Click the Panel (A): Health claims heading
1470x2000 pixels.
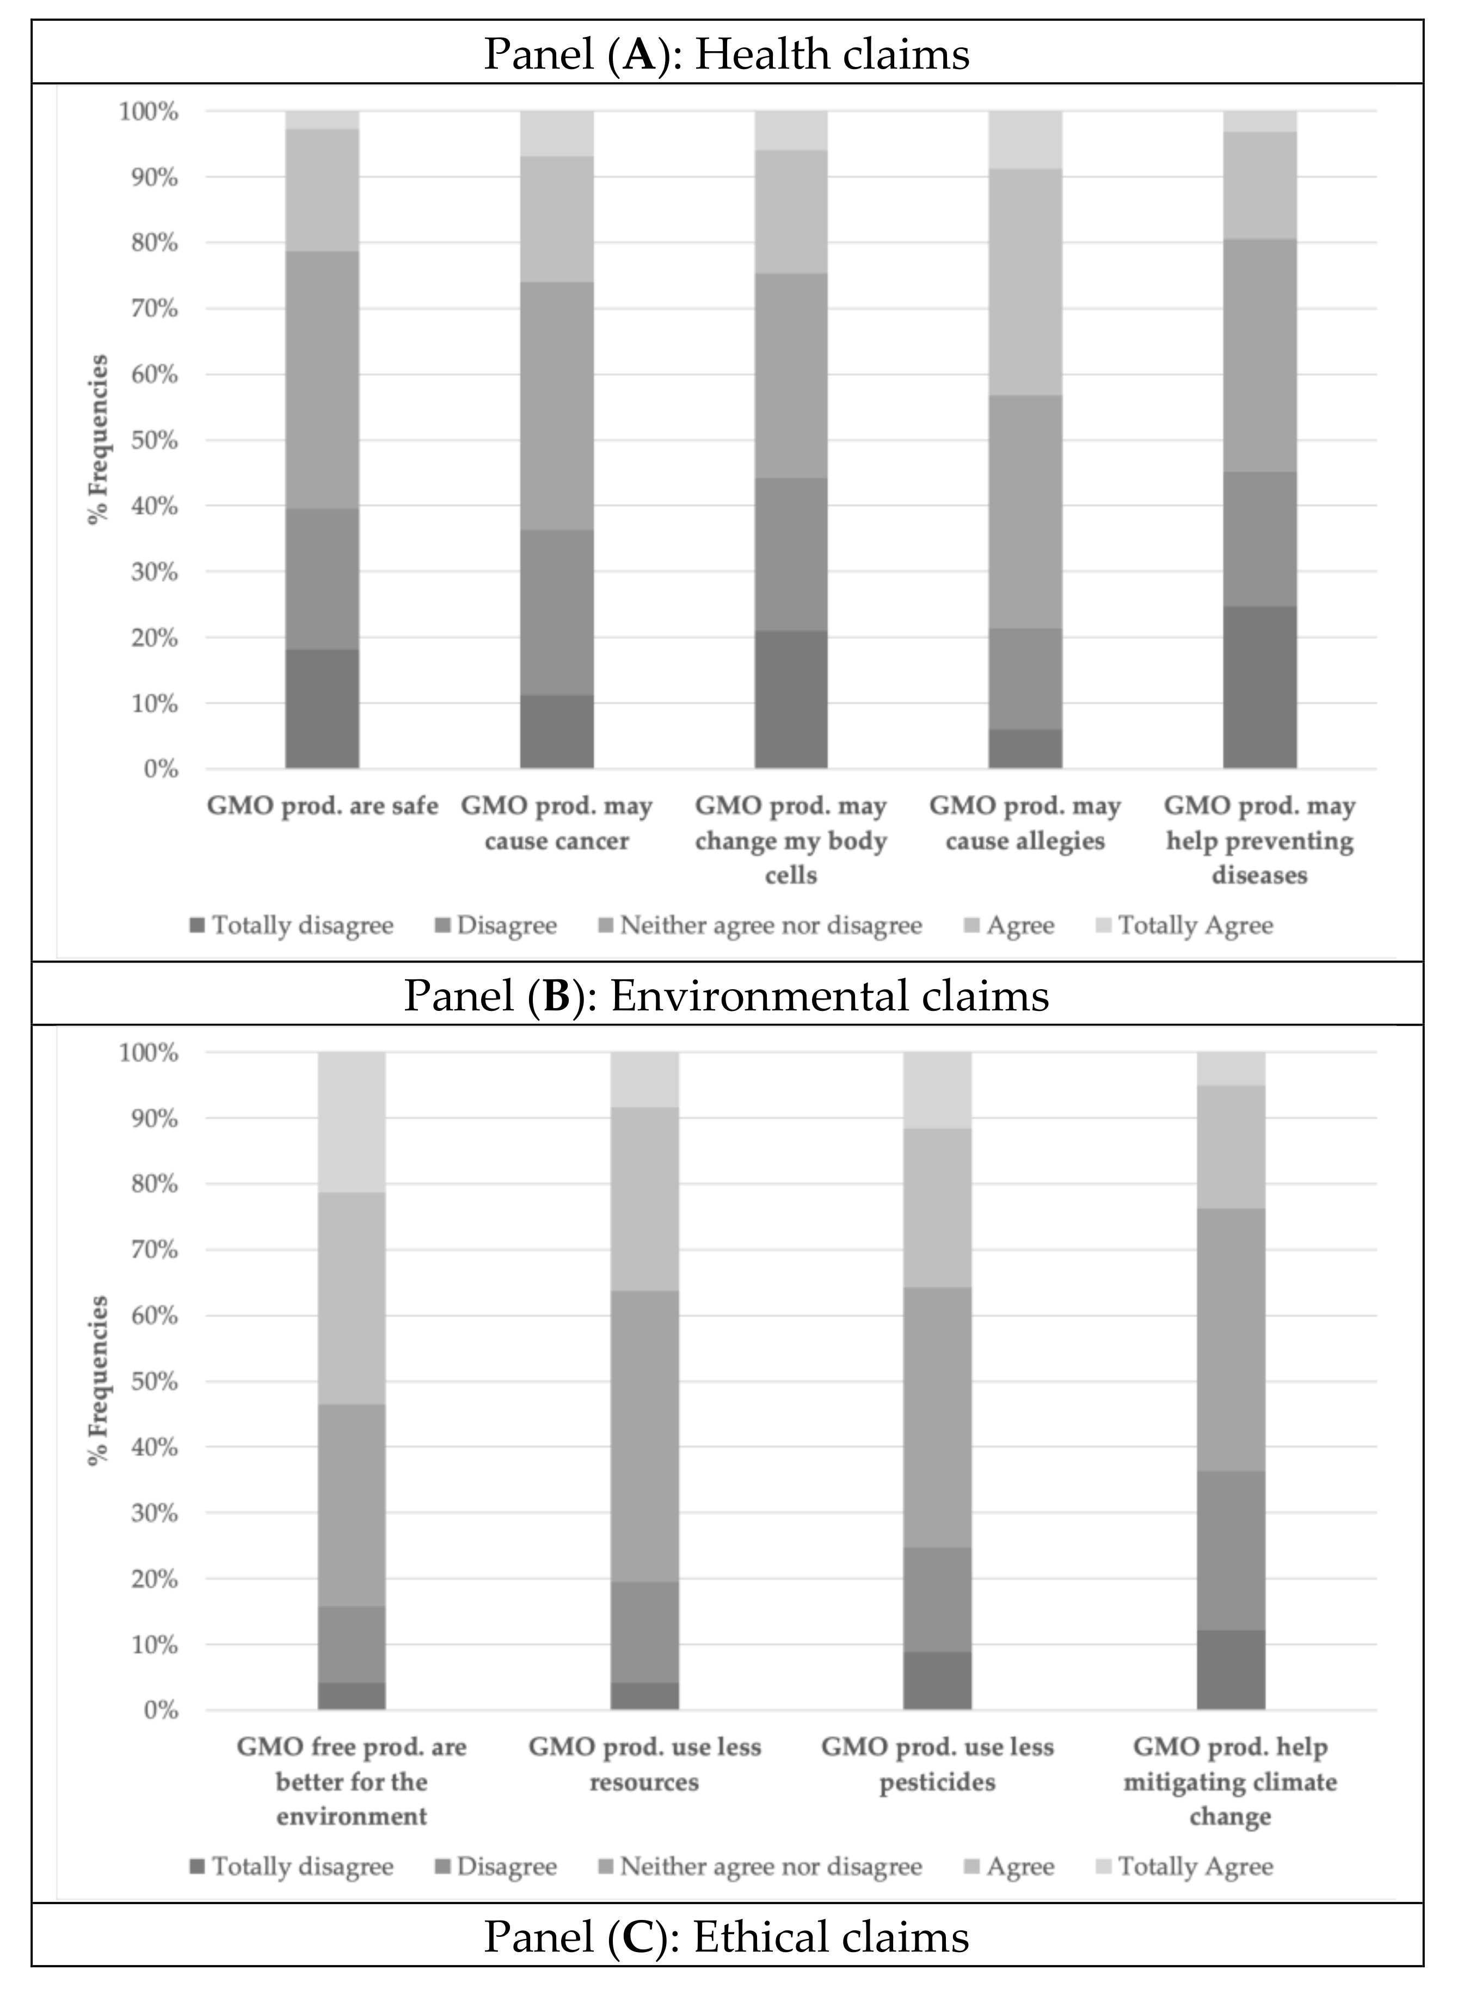[x=726, y=54]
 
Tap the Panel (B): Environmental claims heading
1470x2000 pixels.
[x=726, y=995]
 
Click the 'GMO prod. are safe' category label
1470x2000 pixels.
[x=322, y=806]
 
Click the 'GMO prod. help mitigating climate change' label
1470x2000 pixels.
[x=1230, y=1781]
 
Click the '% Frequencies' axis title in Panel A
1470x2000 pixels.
[x=100, y=440]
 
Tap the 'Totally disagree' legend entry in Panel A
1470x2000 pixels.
[x=292, y=925]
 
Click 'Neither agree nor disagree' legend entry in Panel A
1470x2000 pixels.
[x=761, y=925]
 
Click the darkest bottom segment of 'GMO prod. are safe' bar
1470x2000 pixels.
[x=322, y=709]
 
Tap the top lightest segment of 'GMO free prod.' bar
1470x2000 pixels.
[x=352, y=1121]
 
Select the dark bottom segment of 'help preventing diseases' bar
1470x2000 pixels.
[x=1259, y=687]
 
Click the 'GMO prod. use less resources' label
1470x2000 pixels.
[x=644, y=1764]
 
